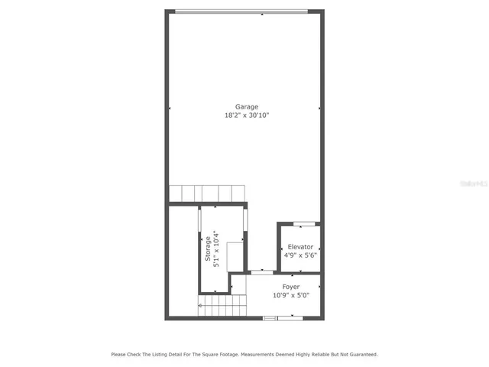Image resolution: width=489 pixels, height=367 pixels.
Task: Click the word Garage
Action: click(246, 106)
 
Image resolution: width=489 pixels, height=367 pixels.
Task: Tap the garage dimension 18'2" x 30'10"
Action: click(246, 115)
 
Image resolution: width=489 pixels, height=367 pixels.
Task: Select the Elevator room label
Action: click(300, 247)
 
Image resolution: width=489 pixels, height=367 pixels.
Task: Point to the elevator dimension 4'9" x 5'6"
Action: click(300, 255)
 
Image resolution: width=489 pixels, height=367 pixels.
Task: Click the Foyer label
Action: click(291, 287)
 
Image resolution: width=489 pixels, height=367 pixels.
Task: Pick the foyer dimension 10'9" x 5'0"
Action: click(291, 295)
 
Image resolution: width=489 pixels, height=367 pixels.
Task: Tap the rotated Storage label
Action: click(208, 249)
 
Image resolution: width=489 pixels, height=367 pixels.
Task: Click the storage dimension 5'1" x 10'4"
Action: click(216, 249)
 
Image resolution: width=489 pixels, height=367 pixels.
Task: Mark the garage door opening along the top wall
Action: click(241, 11)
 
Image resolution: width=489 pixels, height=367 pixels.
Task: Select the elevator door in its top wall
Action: click(305, 223)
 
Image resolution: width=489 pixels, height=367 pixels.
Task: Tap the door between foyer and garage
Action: click(262, 271)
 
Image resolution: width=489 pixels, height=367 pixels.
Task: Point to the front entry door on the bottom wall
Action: click(273, 317)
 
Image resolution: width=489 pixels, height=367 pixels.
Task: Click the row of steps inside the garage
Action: click(206, 193)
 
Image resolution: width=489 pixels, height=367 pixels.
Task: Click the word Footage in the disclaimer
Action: click(228, 354)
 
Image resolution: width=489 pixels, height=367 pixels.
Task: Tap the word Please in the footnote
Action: click(119, 354)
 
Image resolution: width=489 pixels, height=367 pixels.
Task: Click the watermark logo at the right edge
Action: click(475, 184)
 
